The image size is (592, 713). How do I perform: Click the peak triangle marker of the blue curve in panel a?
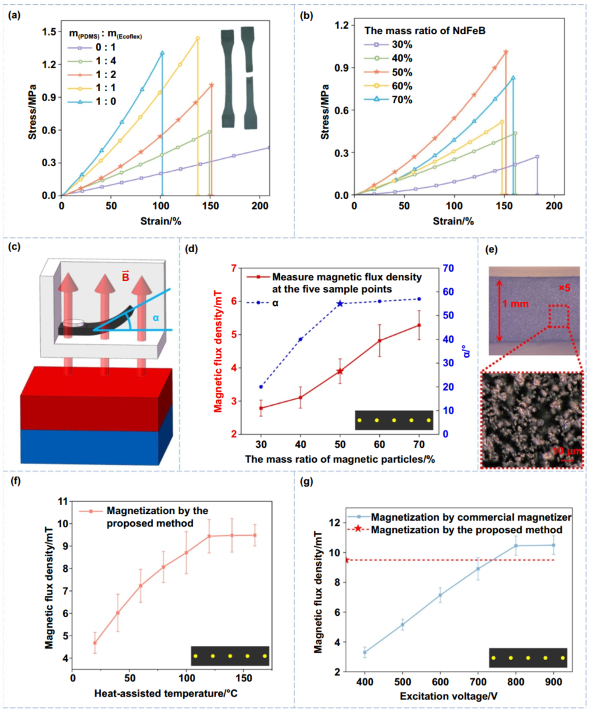(162, 53)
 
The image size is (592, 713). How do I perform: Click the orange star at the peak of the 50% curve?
(506, 52)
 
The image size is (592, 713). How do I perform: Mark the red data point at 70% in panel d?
(419, 325)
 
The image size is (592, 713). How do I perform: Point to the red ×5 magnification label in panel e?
(565, 288)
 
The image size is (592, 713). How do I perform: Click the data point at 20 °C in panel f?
(95, 643)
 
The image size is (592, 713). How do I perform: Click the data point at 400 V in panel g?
(365, 652)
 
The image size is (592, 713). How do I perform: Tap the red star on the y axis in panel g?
(347, 560)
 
